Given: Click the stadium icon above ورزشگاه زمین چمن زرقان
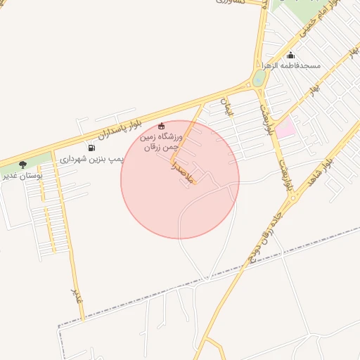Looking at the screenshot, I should click(161, 126).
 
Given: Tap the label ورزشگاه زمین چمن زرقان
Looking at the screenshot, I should click(162, 141).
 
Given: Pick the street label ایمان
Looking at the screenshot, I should click(226, 106).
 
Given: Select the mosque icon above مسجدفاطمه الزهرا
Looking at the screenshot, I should click(291, 56).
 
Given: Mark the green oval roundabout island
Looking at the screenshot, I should click(259, 78).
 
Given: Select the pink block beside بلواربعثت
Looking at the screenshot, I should click(285, 129).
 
